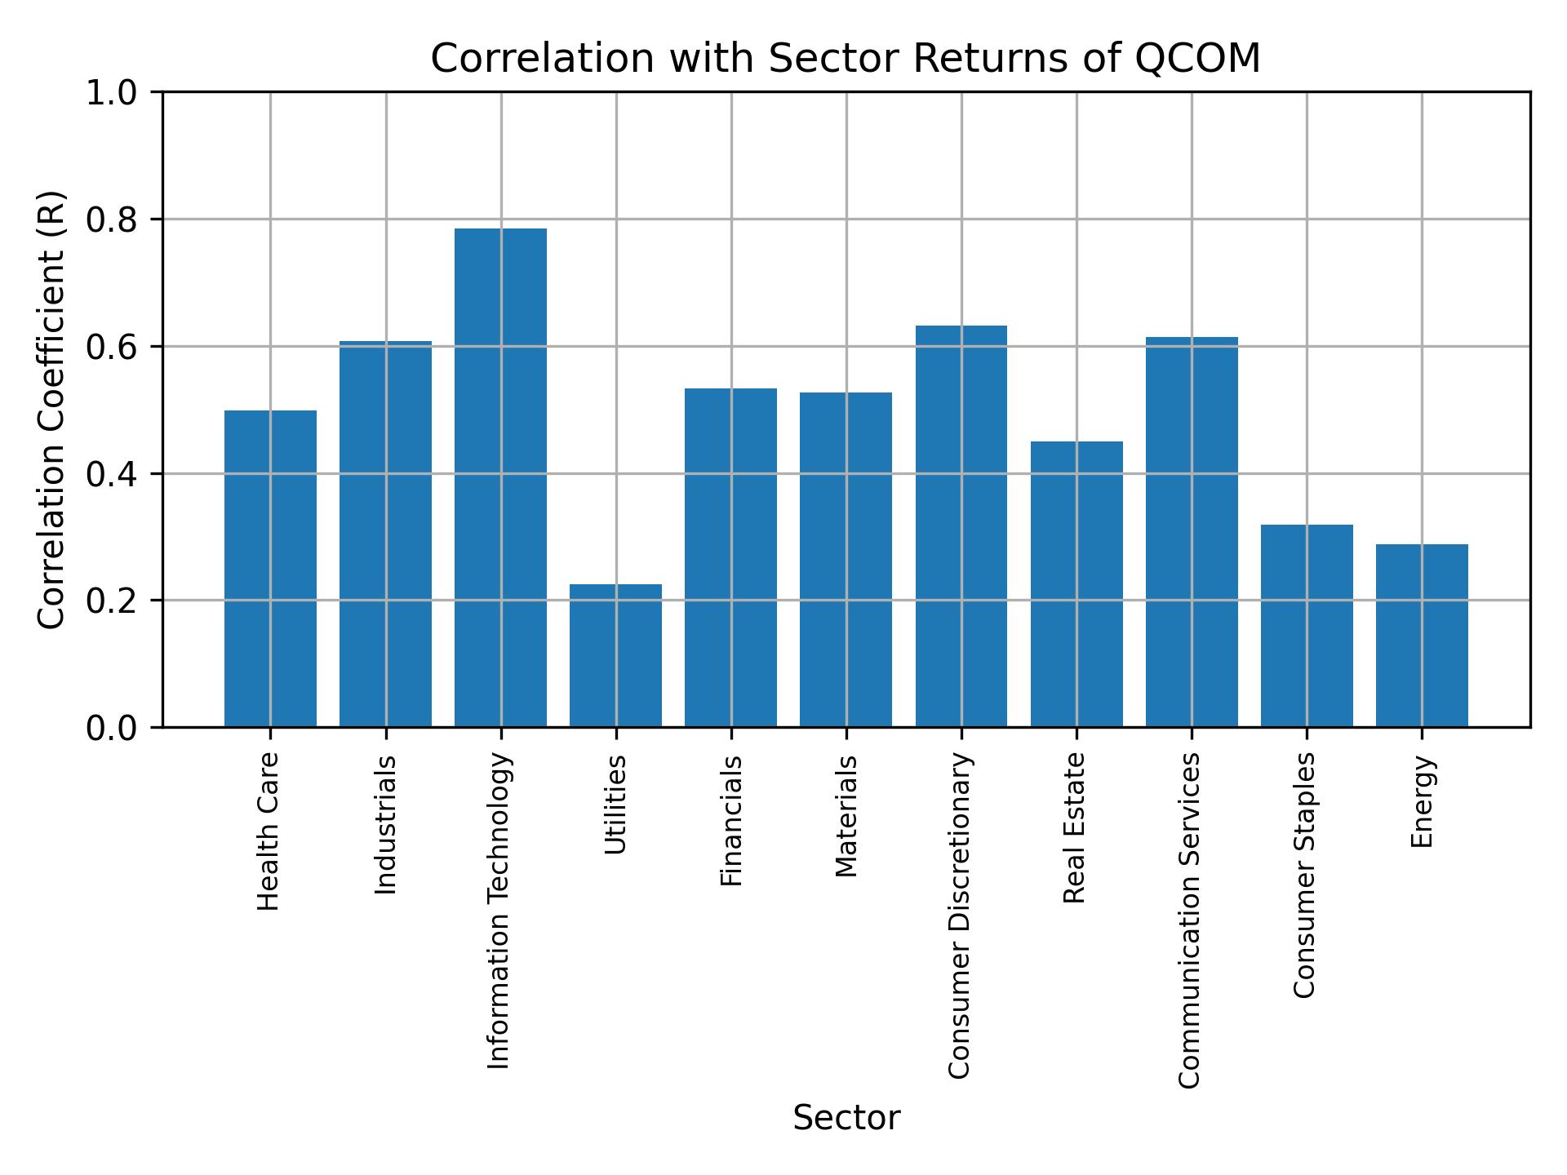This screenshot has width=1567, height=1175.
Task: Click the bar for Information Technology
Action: click(x=500, y=477)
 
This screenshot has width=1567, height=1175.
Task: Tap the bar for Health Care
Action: click(x=270, y=568)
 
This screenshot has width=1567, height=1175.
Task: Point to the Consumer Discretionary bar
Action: click(x=961, y=526)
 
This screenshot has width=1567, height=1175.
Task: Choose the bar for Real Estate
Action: click(x=1076, y=583)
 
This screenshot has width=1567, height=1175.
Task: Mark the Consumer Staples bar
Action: click(x=1307, y=625)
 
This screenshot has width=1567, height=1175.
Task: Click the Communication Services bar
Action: click(x=1192, y=531)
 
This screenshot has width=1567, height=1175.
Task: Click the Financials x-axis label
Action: click(x=731, y=820)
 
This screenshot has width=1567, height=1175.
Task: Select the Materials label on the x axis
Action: click(x=846, y=816)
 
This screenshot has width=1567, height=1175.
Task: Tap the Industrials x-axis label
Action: click(x=385, y=824)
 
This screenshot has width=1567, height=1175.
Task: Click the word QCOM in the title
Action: click(x=1198, y=59)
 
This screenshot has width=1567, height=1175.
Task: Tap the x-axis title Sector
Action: click(x=846, y=1118)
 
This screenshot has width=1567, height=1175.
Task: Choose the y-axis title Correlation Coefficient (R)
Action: click(x=51, y=410)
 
